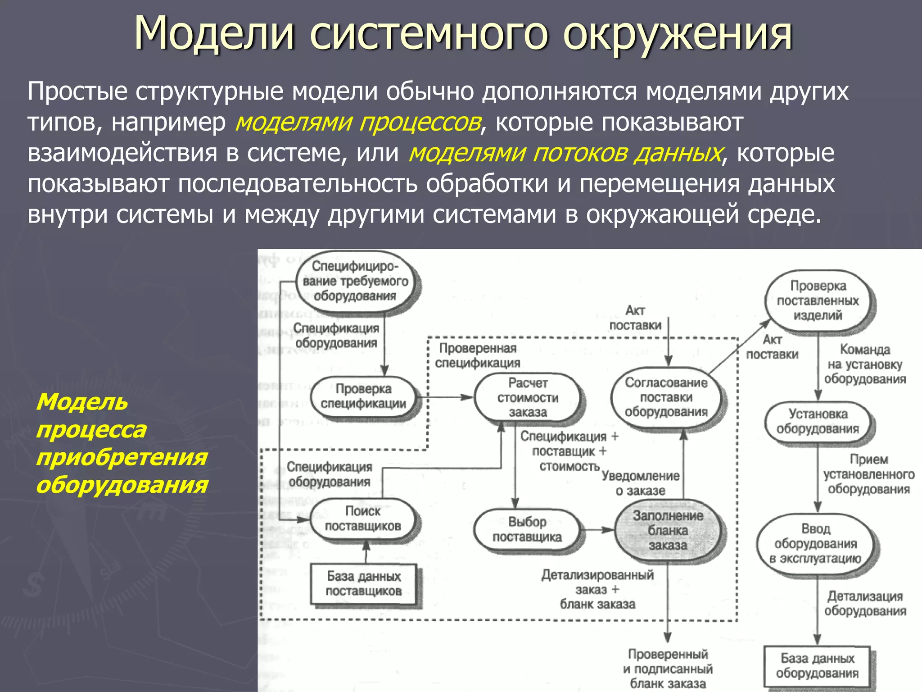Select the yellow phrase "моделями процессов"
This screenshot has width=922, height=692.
(x=358, y=123)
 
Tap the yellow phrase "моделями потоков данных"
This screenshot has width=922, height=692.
(x=565, y=153)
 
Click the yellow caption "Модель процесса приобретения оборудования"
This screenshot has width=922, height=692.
(x=122, y=443)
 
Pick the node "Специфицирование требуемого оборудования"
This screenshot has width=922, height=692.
(x=356, y=282)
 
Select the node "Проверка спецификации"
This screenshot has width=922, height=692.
(x=364, y=396)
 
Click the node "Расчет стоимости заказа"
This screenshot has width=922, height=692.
(x=528, y=397)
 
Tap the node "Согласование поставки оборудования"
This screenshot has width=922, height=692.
(x=666, y=397)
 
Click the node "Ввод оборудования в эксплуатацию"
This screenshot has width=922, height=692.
(x=816, y=544)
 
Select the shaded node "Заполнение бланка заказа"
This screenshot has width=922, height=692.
(x=668, y=531)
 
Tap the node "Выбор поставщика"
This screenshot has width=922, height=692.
(x=527, y=530)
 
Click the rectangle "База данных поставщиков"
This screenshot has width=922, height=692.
(x=363, y=584)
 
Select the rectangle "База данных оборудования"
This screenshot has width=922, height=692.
(x=817, y=666)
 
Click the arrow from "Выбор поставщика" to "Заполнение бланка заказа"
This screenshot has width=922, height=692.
(x=598, y=530)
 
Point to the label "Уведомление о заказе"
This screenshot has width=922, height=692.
(x=641, y=483)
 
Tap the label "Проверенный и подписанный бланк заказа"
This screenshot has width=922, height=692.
(x=668, y=669)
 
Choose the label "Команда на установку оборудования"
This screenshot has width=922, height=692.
(x=865, y=364)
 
